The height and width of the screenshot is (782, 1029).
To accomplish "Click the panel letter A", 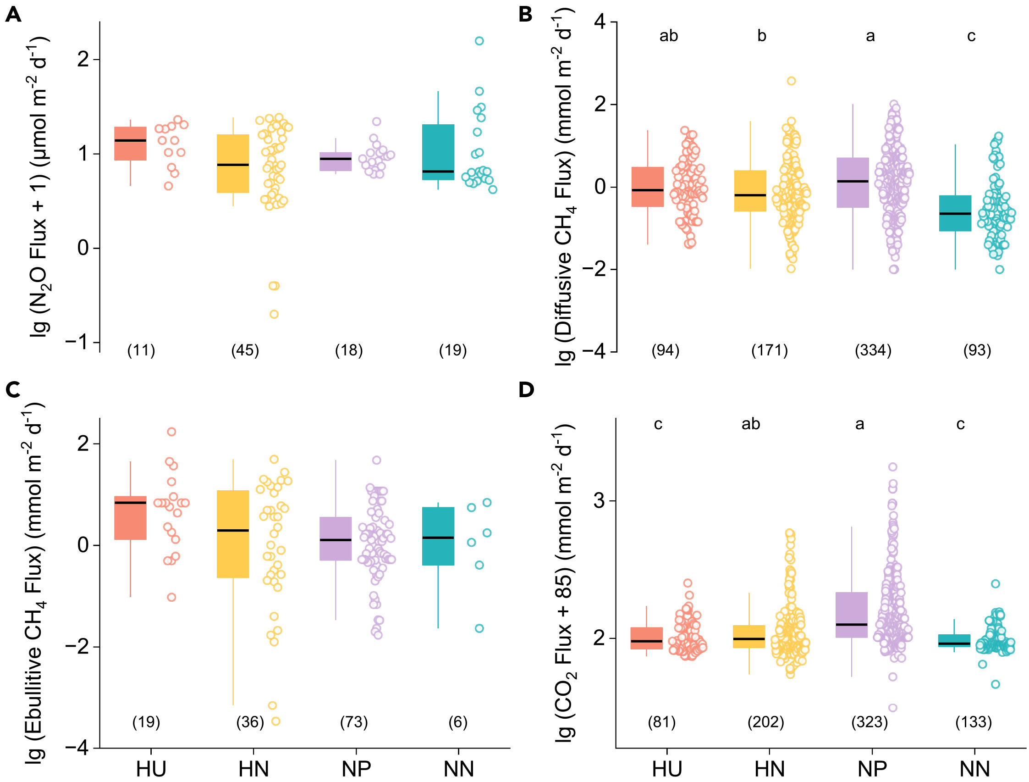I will coord(13,15).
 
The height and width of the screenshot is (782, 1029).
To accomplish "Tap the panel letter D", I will coord(526,389).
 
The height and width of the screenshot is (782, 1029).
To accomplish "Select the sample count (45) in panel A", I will coord(245,350).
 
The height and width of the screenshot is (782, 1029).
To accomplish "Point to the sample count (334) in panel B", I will coord(873,350).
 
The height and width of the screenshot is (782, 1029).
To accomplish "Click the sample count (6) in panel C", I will coord(458,722).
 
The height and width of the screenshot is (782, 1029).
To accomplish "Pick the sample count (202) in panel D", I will coord(766,722).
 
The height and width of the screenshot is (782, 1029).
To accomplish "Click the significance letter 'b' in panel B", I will coord(761,36).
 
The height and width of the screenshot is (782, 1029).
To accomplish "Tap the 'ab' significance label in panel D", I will coord(751,424).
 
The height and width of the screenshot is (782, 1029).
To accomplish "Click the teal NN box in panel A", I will coord(438,152).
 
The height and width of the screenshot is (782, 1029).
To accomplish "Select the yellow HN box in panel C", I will coord(233,534).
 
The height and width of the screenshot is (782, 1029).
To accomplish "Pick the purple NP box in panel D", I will coord(852,615).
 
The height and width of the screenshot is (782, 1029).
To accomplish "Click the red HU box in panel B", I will coord(648,187).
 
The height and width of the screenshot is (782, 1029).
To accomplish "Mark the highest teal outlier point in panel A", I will coord(479,41).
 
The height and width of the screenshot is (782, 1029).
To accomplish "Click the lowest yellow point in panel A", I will coord(275,314).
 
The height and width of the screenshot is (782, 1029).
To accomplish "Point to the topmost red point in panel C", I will coord(172,432).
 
